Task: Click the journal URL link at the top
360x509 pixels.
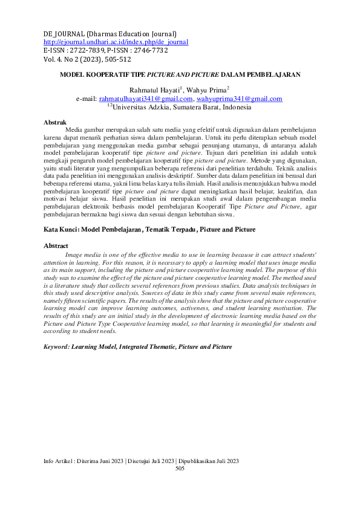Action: click(x=116, y=42)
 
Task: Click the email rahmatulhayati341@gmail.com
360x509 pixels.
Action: click(x=146, y=99)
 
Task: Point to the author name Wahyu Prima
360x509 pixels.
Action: click(x=206, y=90)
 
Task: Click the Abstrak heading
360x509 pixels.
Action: click(x=55, y=122)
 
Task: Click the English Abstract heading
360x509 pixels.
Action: click(x=56, y=246)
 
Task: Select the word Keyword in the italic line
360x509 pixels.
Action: click(x=57, y=348)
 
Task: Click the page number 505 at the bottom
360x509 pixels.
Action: click(x=180, y=468)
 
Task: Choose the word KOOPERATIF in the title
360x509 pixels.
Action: click(x=109, y=75)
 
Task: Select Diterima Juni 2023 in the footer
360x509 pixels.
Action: click(x=97, y=461)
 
